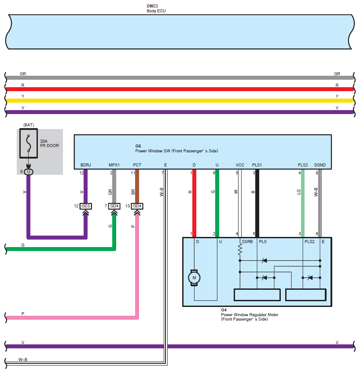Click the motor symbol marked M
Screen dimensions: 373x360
tap(194, 278)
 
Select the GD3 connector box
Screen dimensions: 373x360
tap(85, 206)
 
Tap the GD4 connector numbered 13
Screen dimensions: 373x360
tap(137, 206)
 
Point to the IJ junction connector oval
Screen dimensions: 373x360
tap(28, 171)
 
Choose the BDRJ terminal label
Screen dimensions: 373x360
tap(85, 165)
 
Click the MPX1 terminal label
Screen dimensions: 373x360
tap(114, 165)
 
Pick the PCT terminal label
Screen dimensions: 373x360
tap(137, 165)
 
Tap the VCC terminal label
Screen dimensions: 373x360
tap(240, 165)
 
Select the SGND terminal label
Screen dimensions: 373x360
tap(320, 165)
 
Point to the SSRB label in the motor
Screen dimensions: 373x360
tap(247, 242)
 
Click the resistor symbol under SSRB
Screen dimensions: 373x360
tap(240, 251)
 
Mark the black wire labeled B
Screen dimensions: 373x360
tap(257, 203)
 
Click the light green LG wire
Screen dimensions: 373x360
tap(303, 203)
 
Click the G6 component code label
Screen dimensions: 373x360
tap(138, 146)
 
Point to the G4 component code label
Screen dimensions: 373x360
tap(224, 310)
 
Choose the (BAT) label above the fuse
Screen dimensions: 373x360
tap(29, 125)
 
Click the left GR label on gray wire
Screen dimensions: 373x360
tap(23, 74)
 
